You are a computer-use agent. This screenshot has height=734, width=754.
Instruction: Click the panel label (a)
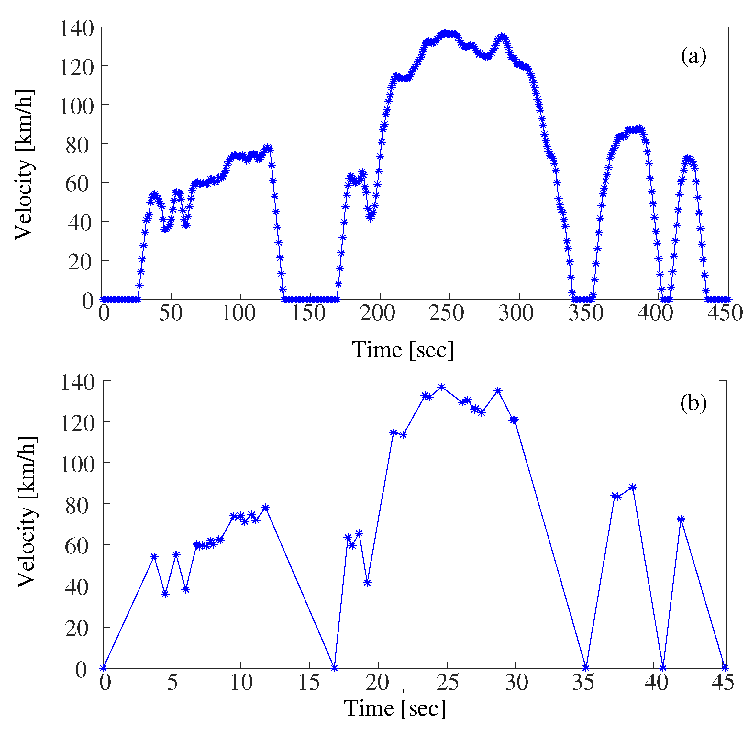pyautogui.click(x=693, y=57)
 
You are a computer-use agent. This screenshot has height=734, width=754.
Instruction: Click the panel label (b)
pyautogui.click(x=693, y=403)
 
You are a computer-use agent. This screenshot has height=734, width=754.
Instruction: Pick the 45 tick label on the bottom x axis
pyautogui.click(x=722, y=682)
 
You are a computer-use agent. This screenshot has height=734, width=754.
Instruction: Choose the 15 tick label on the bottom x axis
pyautogui.click(x=309, y=682)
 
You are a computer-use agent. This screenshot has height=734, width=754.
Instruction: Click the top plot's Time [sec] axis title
pyautogui.click(x=403, y=350)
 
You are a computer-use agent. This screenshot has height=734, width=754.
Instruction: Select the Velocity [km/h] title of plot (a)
pyautogui.click(x=24, y=165)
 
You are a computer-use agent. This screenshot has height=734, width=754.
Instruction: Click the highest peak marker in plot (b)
pyautogui.click(x=442, y=387)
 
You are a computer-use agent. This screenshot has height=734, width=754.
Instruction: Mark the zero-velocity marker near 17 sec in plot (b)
pyautogui.click(x=334, y=668)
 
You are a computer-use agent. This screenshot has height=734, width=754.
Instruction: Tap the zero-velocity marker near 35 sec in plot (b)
pyautogui.click(x=586, y=668)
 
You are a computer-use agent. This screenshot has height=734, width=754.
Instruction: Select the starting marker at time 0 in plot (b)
pyautogui.click(x=103, y=668)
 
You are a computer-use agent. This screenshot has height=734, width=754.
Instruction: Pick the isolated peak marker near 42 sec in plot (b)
pyautogui.click(x=681, y=519)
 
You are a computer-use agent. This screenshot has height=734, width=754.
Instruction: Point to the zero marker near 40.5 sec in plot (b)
pyautogui.click(x=663, y=668)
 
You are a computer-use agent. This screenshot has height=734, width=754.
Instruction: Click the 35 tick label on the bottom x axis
pyautogui.click(x=585, y=682)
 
